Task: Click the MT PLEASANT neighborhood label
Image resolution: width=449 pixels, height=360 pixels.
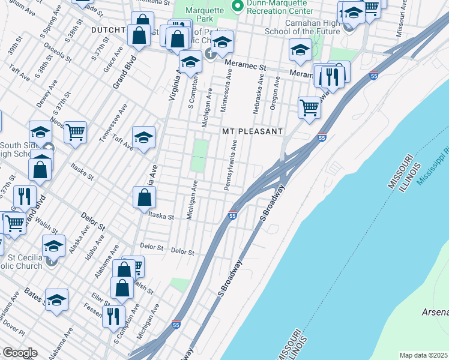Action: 252,131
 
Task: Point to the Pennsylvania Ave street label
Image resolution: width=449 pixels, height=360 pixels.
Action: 231,165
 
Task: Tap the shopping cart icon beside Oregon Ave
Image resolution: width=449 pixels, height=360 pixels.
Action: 309,109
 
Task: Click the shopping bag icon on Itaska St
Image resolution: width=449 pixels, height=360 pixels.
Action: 145,197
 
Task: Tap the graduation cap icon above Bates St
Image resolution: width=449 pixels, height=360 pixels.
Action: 56,300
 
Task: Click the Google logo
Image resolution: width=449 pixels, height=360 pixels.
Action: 20,353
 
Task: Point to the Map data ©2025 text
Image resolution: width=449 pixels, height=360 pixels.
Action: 424,355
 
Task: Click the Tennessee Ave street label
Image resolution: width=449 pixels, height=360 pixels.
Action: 113,123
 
